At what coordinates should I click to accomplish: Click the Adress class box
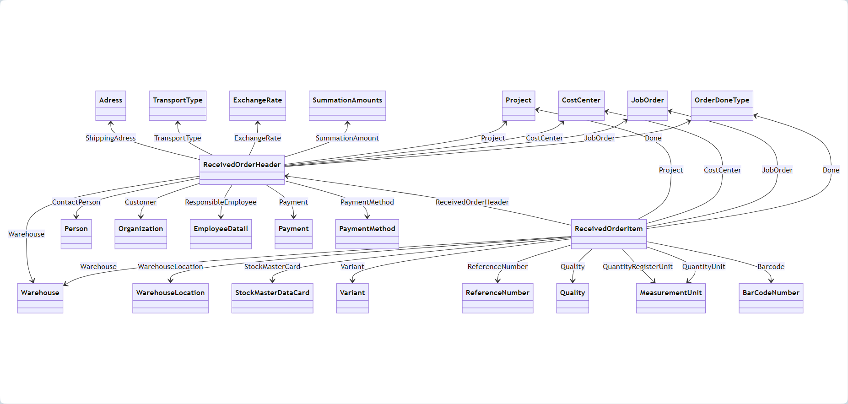coord(111,106)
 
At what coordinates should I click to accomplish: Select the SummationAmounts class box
coord(347,106)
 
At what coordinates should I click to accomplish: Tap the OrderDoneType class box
coord(722,106)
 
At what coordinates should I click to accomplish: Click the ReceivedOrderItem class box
coord(609,234)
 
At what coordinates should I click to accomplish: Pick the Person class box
coord(76,234)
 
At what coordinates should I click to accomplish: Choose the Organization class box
coord(140,234)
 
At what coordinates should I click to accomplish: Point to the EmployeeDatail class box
coord(221,234)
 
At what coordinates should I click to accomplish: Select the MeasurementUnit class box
coord(671,298)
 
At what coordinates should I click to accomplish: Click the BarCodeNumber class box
coord(771,298)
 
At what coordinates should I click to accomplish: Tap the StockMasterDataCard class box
coord(272,298)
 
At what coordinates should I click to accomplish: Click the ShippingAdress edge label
coord(111,138)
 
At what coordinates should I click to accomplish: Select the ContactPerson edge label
coord(76,202)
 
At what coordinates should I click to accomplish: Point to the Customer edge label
coord(140,202)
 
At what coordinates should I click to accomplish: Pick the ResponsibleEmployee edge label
coord(221,202)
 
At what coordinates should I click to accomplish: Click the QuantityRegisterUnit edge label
coord(637,267)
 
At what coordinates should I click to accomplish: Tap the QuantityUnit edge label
coord(704,267)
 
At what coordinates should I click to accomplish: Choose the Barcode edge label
coord(771,267)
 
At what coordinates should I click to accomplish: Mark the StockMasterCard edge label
coord(272,267)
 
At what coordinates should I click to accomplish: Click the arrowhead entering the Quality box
coord(573,280)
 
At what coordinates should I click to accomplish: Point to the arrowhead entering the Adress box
coord(111,124)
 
